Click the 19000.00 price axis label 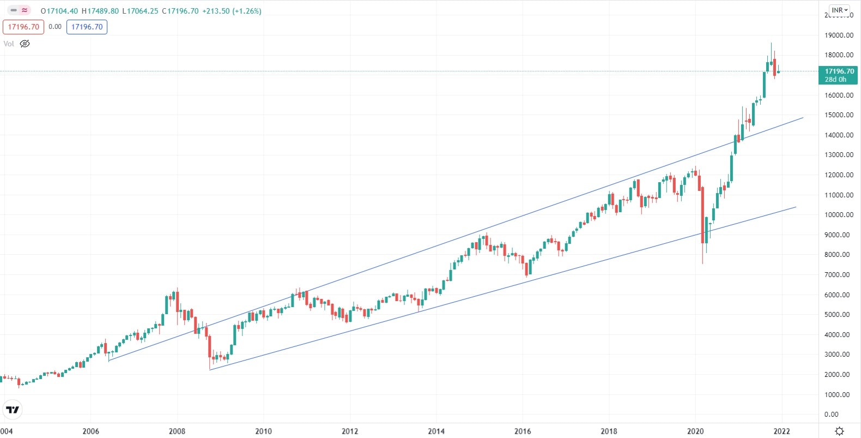coord(839,35)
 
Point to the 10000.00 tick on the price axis coord(839,215)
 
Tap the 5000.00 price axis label coord(837,315)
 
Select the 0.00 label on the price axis coord(832,415)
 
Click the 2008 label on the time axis coord(177,431)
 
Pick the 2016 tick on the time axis coord(523,431)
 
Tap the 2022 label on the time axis coord(781,431)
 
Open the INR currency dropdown coord(840,10)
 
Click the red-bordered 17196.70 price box coord(23,27)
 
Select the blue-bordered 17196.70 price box coord(87,27)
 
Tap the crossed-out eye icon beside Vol coord(25,44)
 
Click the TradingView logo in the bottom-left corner coord(12,410)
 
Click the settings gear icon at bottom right coord(840,431)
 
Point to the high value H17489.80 coord(100,11)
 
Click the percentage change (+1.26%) coord(247,11)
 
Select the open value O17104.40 coord(60,11)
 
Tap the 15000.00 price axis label coord(839,115)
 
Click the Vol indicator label coord(9,44)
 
